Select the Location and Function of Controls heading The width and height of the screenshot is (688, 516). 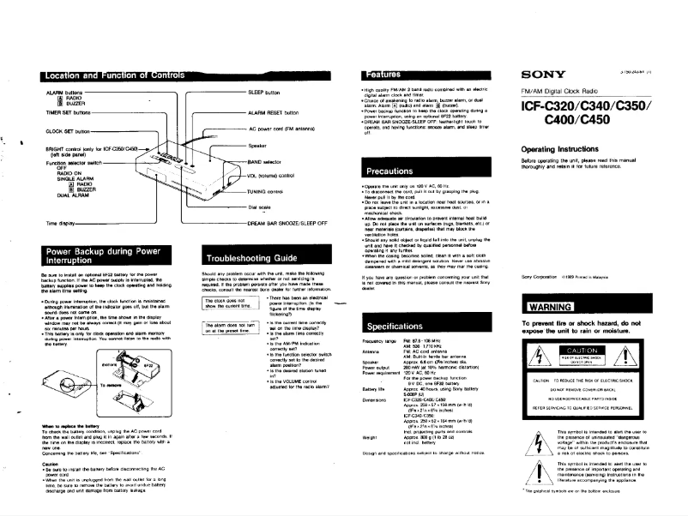120,75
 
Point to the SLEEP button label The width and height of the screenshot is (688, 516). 264,91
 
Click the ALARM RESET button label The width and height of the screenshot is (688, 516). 273,112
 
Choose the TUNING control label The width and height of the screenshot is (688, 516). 268,190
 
